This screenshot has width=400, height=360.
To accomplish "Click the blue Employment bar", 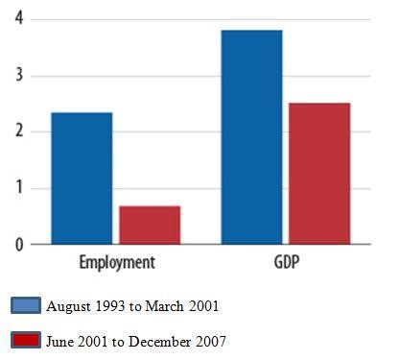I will coord(82,179).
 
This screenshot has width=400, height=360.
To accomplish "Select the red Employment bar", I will coord(150,225).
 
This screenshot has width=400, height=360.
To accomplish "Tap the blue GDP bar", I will coord(252,137).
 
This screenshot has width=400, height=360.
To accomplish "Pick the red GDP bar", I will coord(319,173).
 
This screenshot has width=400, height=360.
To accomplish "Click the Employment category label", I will coord(117,262).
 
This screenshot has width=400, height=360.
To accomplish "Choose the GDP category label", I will coord(286,262).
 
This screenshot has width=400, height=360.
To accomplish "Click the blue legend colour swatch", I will coord(26,306).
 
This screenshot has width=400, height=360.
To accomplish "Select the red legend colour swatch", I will coord(26,340).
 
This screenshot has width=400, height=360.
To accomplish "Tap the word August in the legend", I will coord(67,306).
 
